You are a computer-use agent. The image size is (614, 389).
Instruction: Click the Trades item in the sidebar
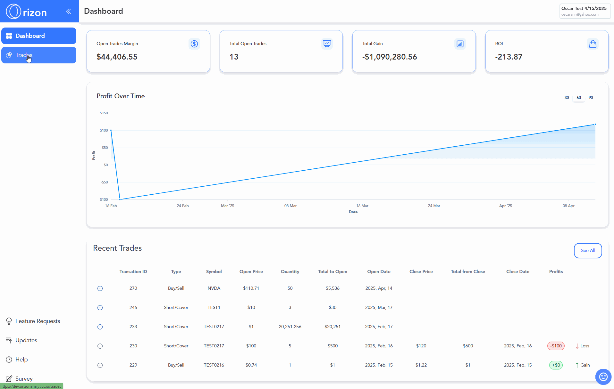[38, 55]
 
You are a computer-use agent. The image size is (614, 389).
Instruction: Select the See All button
[588, 250]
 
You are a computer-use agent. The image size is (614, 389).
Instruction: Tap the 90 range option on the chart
[591, 98]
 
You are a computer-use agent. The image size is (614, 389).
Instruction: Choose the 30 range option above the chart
[567, 98]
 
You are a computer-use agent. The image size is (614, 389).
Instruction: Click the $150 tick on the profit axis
[104, 113]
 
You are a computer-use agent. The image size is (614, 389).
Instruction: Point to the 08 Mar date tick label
[290, 206]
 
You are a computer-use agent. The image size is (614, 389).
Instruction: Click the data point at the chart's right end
[595, 124]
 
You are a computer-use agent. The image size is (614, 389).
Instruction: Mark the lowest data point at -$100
[120, 199]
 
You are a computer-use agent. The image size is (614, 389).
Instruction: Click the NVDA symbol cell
[214, 288]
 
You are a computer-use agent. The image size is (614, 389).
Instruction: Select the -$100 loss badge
[556, 346]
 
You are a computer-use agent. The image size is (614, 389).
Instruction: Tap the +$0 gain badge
[556, 365]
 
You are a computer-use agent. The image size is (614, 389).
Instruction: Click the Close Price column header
[421, 271]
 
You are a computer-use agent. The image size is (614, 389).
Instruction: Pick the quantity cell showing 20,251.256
[290, 327]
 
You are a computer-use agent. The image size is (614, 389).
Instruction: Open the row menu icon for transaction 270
[100, 288]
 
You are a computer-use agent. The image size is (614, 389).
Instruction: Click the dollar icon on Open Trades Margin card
[194, 44]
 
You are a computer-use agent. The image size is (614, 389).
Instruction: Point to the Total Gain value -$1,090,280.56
[390, 57]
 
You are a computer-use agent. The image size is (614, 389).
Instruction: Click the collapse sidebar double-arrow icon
[69, 12]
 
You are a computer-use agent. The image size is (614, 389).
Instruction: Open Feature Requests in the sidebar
[38, 321]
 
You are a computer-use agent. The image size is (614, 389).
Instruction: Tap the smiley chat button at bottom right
[603, 377]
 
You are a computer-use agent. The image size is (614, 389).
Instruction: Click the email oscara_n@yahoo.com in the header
[580, 14]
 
